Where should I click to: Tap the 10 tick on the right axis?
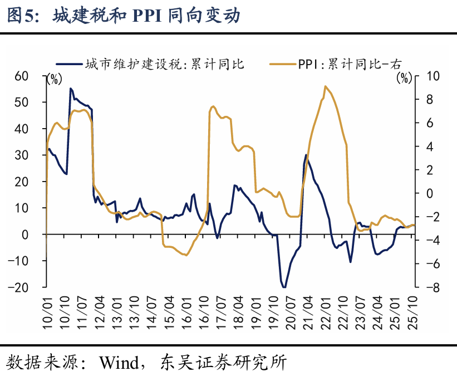430,76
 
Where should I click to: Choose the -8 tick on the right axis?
430,287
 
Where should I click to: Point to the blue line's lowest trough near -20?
284,287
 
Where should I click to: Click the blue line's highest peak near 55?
71,88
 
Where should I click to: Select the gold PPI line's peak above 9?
325,86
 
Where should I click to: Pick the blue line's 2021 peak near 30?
306,155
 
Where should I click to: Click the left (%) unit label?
55,79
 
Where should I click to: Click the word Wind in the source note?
118,363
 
